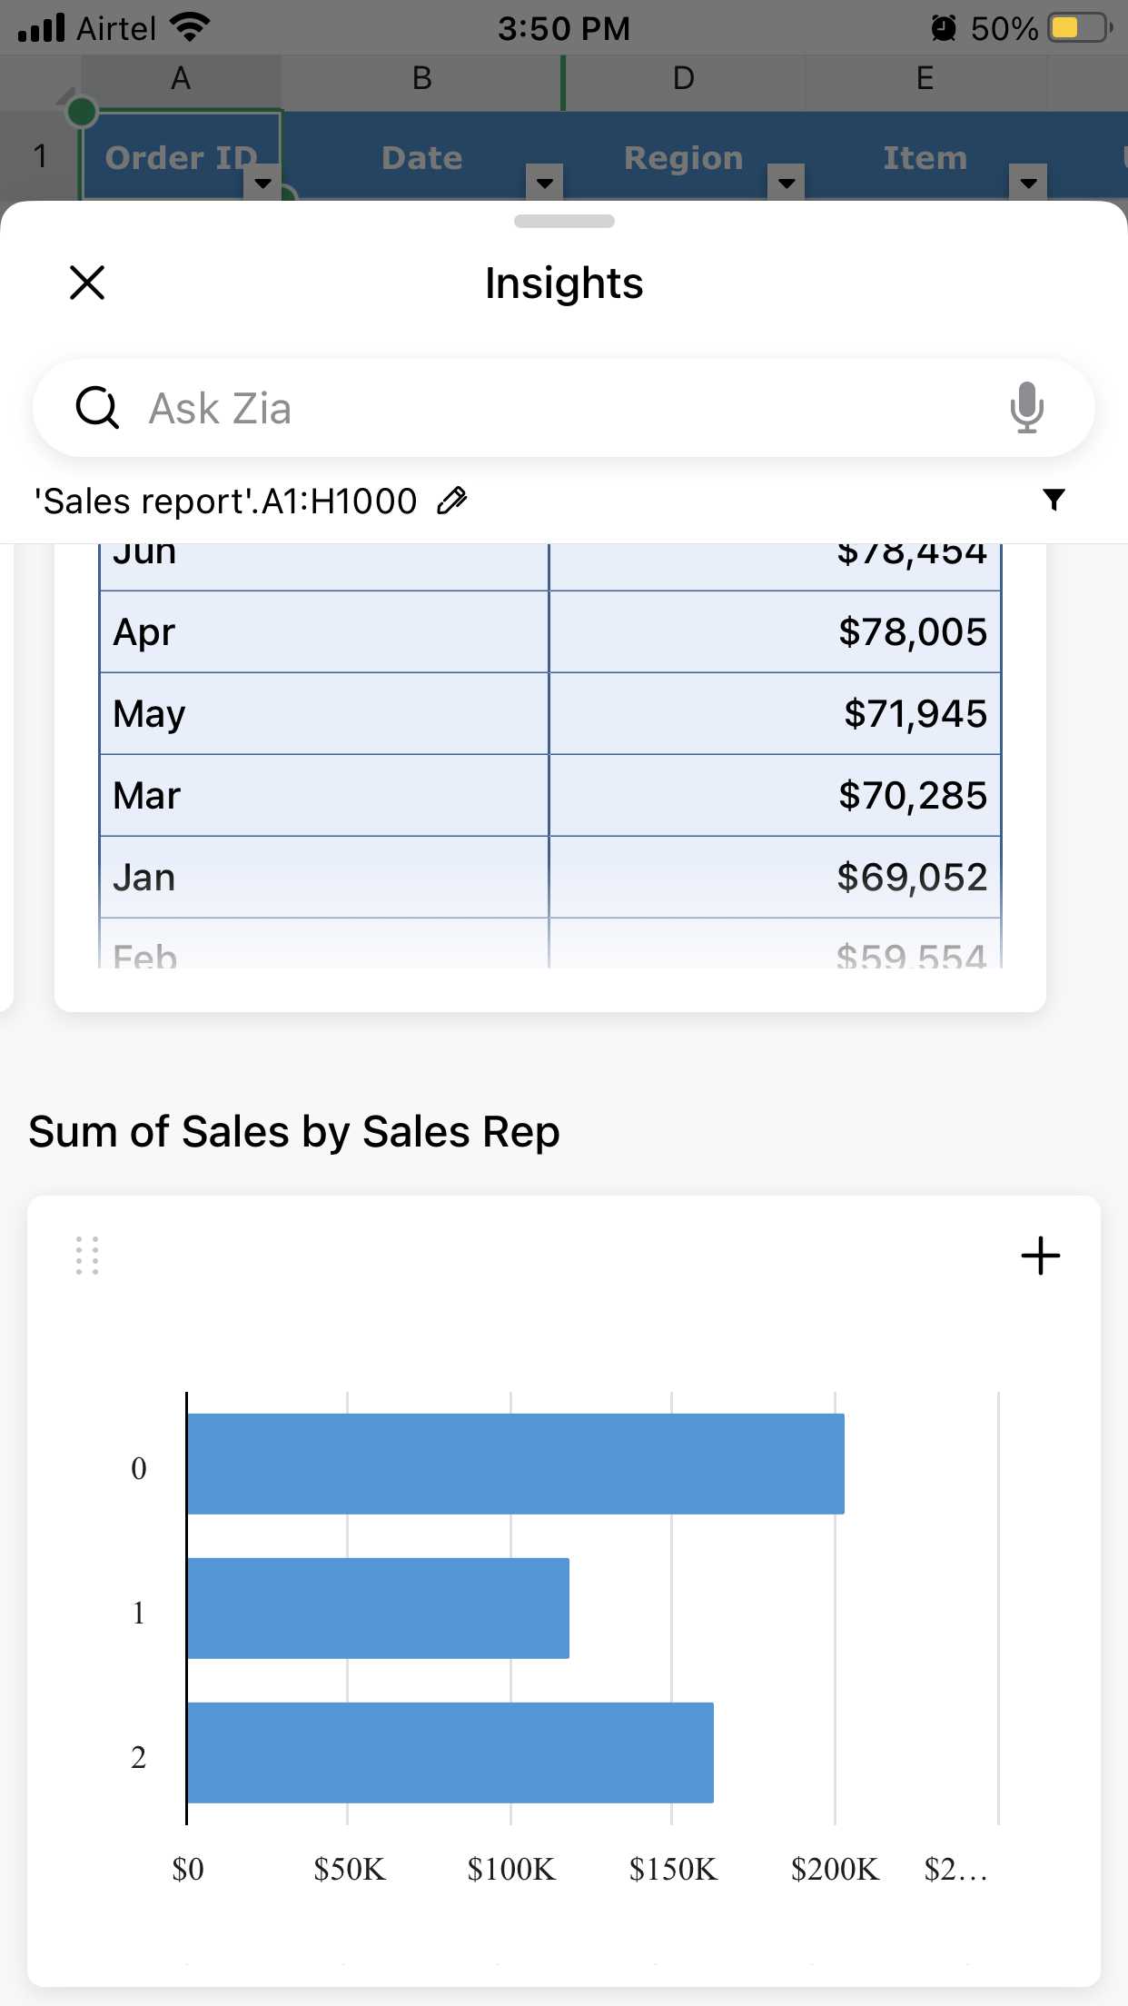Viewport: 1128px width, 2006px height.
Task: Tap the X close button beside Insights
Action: click(x=87, y=283)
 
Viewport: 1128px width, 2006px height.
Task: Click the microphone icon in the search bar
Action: click(x=1026, y=407)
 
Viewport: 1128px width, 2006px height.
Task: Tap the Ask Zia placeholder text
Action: click(x=221, y=409)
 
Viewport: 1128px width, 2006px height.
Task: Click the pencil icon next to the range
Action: click(x=451, y=501)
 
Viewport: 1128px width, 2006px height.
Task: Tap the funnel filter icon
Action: click(x=1054, y=500)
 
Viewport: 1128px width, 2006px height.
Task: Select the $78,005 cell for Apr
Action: click(x=911, y=632)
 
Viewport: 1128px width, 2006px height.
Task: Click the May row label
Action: click(x=150, y=714)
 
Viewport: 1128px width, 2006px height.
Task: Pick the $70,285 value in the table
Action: click(x=911, y=796)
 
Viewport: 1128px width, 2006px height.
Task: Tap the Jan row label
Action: click(x=144, y=878)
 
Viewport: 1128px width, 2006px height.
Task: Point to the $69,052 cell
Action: click(x=911, y=878)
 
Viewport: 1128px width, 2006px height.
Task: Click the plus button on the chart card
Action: click(x=1040, y=1256)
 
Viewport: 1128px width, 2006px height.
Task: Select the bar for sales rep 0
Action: click(x=515, y=1464)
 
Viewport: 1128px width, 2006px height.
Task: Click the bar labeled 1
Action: click(x=378, y=1608)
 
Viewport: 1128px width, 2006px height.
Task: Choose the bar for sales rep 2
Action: click(x=450, y=1753)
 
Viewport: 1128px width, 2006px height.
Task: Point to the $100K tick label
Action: click(x=511, y=1870)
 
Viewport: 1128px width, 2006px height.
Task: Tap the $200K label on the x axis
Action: click(x=835, y=1870)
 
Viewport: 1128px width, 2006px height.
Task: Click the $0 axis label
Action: click(x=188, y=1870)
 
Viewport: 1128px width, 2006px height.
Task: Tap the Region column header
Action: click(x=683, y=158)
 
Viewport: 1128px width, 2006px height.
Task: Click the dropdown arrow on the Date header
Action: click(x=545, y=183)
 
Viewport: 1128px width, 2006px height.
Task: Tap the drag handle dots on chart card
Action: click(x=87, y=1256)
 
